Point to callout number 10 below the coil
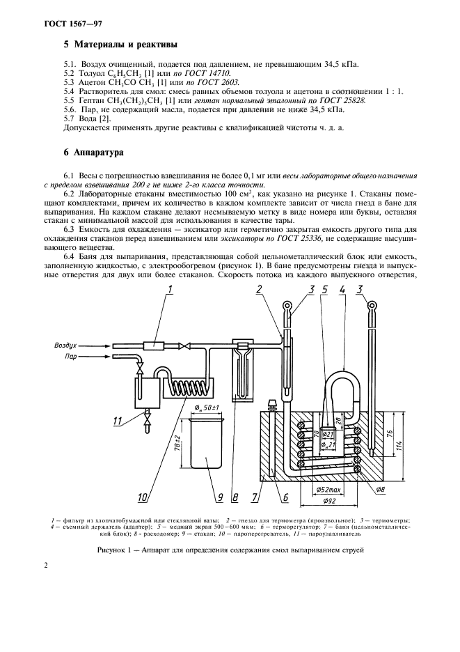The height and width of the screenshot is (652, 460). tap(143, 497)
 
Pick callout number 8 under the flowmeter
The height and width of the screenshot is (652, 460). tap(237, 497)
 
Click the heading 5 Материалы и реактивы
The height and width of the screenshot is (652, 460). tap(116, 45)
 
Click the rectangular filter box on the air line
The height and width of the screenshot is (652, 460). tap(152, 345)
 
